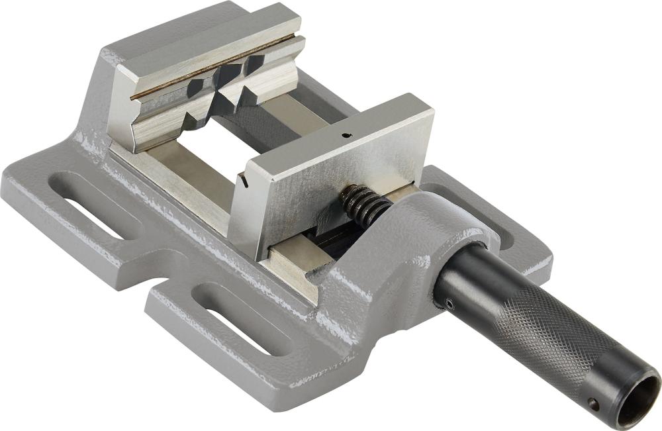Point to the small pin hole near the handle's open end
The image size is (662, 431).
594,403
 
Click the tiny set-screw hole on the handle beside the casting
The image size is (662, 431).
449,304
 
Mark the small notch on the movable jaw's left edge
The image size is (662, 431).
244,178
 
